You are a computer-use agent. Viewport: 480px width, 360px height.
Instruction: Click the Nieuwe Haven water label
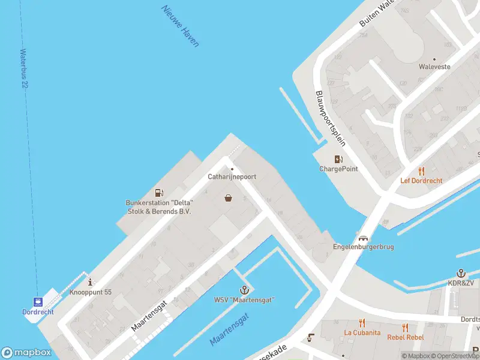coord(180,26)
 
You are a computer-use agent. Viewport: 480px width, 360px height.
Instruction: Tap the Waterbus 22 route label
coord(25,69)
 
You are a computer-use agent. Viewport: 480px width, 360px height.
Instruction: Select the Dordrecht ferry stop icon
coord(38,301)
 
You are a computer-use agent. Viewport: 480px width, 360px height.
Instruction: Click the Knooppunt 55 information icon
coord(91,281)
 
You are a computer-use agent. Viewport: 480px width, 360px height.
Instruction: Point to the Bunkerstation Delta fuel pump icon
coord(159,193)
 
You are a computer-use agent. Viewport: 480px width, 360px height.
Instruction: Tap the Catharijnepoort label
coord(232,176)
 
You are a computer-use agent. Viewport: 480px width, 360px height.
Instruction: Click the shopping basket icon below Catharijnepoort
coord(228,197)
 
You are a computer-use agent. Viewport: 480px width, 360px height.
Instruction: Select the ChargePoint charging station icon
coord(338,159)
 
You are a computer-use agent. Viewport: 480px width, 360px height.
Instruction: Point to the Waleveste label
coord(434,67)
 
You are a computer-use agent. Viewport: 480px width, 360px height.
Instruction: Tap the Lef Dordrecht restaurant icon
coord(421,170)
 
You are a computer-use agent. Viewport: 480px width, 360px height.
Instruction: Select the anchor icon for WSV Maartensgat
coord(244,290)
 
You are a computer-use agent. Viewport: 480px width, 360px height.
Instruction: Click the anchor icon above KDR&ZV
coord(461,273)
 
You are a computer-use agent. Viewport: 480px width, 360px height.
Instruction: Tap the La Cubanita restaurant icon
coord(362,322)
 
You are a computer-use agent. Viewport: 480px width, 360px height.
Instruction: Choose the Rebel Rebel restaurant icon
coord(406,327)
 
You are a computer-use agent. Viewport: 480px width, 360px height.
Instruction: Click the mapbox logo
coord(26,352)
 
